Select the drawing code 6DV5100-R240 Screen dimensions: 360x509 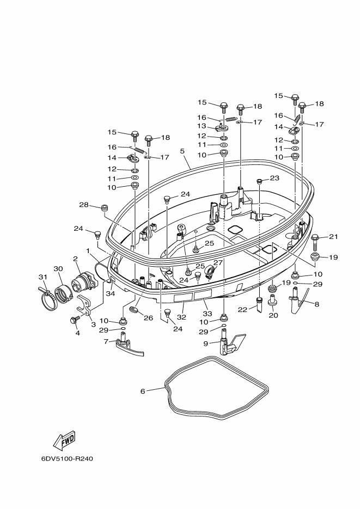pyautogui.click(x=67, y=459)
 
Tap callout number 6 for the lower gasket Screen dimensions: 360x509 pyautogui.click(x=143, y=391)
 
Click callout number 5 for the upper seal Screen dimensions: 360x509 pyautogui.click(x=182, y=151)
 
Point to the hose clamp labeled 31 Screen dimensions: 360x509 pyautogui.click(x=47, y=296)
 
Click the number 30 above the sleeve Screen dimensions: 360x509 pyautogui.click(x=58, y=269)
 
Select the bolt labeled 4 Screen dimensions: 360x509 pyautogui.click(x=74, y=320)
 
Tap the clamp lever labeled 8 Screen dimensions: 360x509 pyautogui.click(x=298, y=301)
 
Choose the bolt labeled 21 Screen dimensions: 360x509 pyautogui.click(x=315, y=242)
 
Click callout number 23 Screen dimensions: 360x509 pyautogui.click(x=274, y=178)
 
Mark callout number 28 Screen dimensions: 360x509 pyautogui.click(x=84, y=205)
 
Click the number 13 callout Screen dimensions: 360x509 pyautogui.click(x=202, y=126)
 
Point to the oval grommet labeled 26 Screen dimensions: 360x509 pyautogui.click(x=134, y=309)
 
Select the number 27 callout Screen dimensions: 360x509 pyautogui.click(x=218, y=262)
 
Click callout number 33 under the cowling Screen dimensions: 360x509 pyautogui.click(x=208, y=313)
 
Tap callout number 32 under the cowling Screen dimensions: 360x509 pyautogui.click(x=181, y=317)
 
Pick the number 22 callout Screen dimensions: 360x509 pyautogui.click(x=242, y=310)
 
